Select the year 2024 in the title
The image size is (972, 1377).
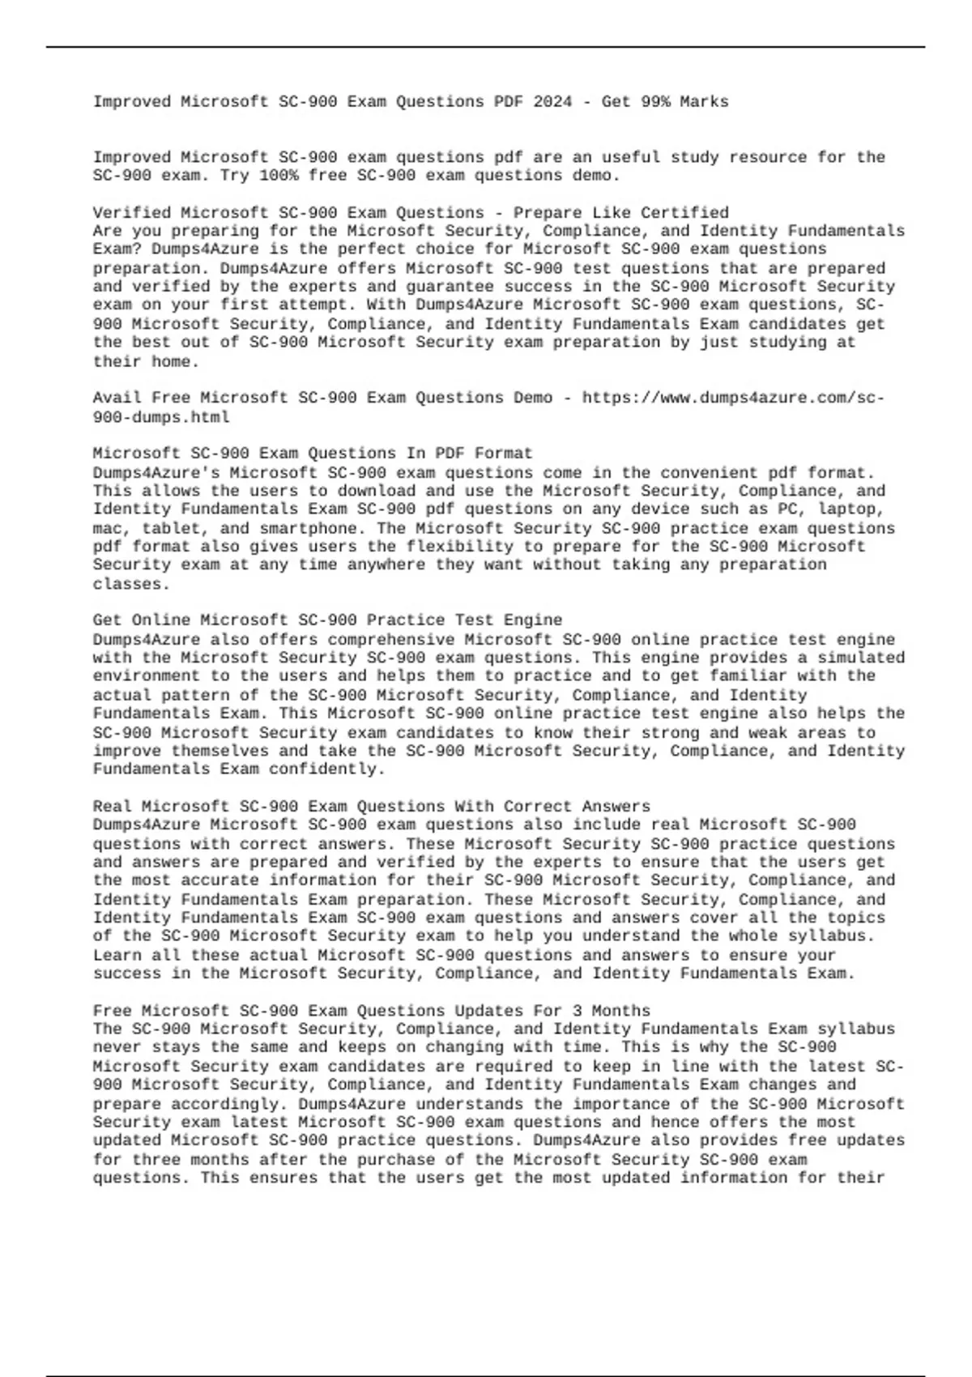pyautogui.click(x=552, y=102)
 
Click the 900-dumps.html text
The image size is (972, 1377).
pyautogui.click(x=161, y=417)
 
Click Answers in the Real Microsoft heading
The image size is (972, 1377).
pyautogui.click(x=616, y=807)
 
